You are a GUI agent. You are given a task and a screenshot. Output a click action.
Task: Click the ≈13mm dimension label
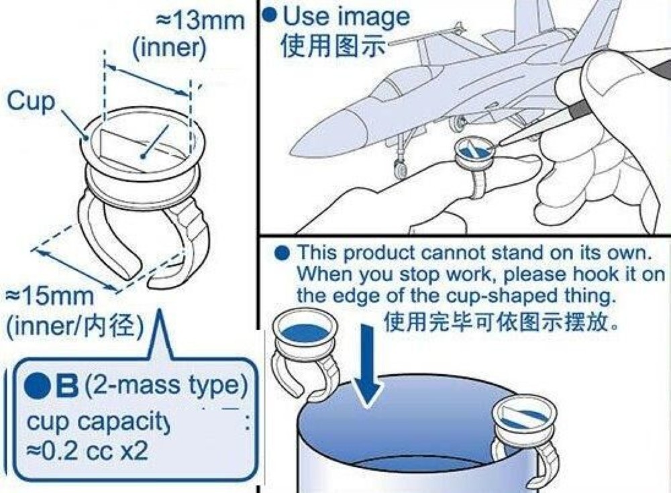[x=201, y=21]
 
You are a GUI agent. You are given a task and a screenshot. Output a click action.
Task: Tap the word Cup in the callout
[x=32, y=102]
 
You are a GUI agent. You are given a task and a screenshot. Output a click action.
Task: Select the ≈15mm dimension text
[x=49, y=296]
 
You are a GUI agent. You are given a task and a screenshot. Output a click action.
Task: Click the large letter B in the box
[x=66, y=385]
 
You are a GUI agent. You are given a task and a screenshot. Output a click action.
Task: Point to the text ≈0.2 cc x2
[x=87, y=451]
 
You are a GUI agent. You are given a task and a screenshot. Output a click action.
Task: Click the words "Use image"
[x=346, y=17]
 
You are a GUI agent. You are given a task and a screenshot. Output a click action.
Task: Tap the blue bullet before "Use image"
[x=269, y=15]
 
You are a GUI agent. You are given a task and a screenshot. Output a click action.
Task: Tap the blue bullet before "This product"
[x=282, y=254]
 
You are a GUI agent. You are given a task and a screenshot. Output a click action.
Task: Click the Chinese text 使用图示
[x=333, y=46]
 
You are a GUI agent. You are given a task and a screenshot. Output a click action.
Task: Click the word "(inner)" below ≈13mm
[x=169, y=47]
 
